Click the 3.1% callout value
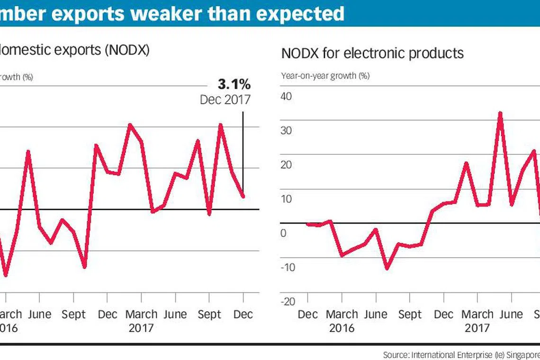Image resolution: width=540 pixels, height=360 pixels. (234, 85)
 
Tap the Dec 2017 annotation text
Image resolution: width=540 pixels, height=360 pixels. (225, 100)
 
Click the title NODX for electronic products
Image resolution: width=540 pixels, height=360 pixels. (372, 53)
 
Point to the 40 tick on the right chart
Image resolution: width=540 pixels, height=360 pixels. (287, 96)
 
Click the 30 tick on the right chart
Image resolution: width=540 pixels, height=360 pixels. (287, 131)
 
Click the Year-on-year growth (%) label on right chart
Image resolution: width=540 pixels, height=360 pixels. (325, 75)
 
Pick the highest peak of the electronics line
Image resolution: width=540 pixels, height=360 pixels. (500, 113)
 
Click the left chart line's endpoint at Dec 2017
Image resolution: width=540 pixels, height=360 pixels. (243, 197)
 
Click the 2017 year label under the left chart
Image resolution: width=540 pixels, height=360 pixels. (141, 327)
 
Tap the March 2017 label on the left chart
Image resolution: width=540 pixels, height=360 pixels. (141, 314)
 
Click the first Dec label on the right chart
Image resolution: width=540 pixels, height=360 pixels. (308, 315)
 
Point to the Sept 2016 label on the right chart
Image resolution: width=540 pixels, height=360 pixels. (410, 315)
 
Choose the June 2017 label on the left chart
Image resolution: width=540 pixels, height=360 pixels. (175, 314)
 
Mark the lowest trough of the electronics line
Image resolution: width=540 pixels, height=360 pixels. (387, 269)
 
